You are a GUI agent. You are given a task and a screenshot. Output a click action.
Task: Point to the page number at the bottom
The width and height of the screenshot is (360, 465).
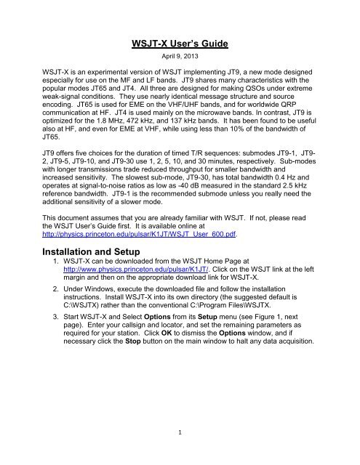(x=180, y=450)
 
